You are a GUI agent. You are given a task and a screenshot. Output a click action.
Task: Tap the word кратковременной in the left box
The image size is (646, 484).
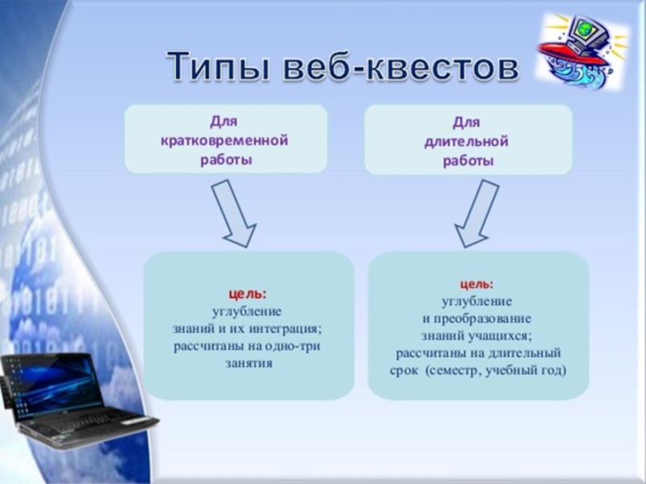(225, 140)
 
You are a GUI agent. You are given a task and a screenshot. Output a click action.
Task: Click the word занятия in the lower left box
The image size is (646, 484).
(249, 364)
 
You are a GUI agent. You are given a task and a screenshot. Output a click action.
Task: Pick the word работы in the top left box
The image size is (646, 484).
(226, 159)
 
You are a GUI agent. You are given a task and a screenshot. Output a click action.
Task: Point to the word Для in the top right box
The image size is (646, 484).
(467, 123)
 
